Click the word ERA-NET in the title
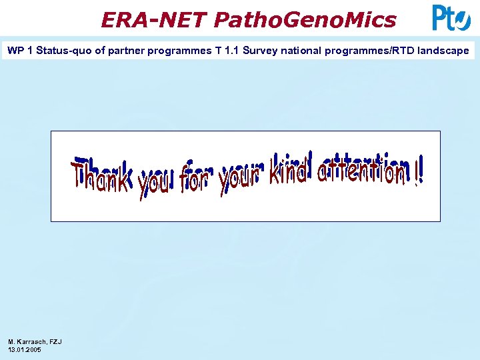[x=155, y=20]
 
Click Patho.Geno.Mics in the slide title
[x=305, y=20]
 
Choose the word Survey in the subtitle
[x=260, y=51]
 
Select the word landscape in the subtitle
[x=444, y=51]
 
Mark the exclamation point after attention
[x=418, y=172]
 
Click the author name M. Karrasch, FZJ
[x=35, y=341]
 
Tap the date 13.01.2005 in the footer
[x=25, y=349]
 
